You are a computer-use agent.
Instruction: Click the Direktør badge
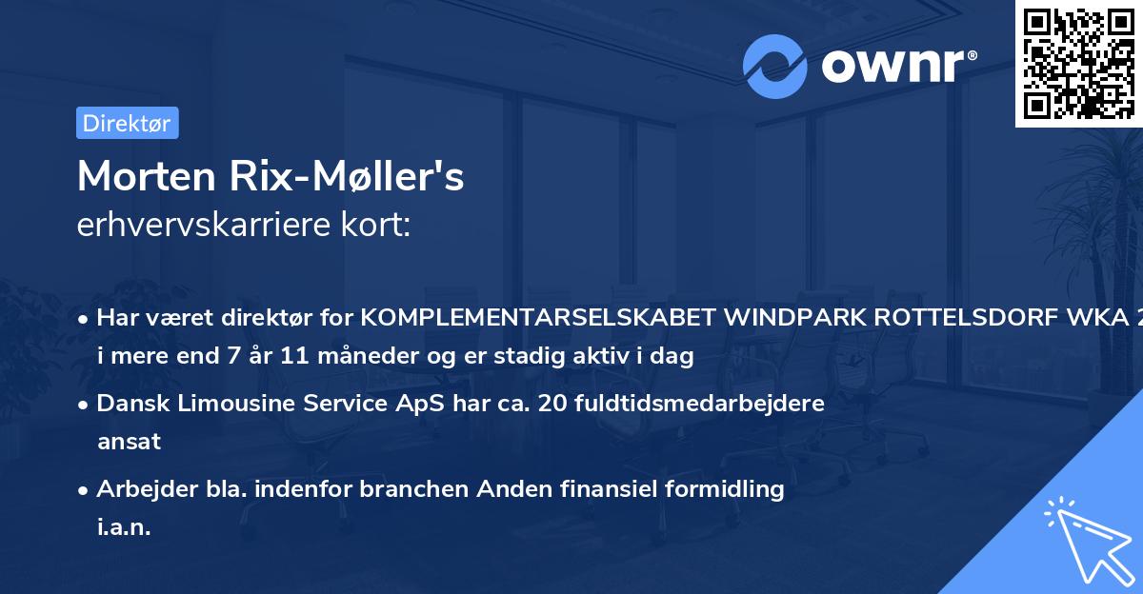click(127, 123)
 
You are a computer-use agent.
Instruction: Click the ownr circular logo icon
click(775, 66)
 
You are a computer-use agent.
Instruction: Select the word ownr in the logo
click(891, 66)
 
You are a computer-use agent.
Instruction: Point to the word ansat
click(129, 442)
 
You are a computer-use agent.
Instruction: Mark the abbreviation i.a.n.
click(124, 528)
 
